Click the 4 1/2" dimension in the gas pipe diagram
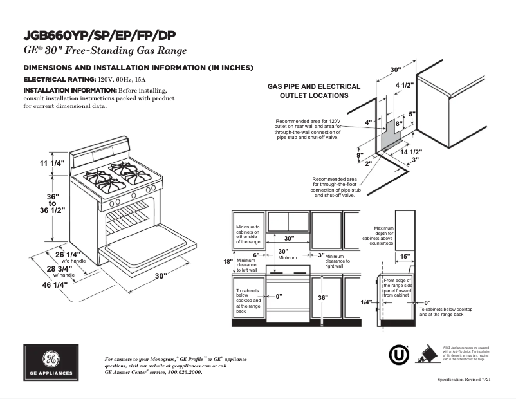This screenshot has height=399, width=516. pyautogui.click(x=404, y=85)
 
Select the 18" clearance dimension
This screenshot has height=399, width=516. pyautogui.click(x=227, y=262)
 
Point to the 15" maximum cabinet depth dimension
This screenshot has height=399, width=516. pyautogui.click(x=405, y=257)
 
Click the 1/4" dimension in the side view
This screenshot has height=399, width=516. pyautogui.click(x=366, y=302)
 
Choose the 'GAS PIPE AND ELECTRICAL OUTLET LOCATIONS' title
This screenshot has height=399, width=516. pyautogui.click(x=313, y=91)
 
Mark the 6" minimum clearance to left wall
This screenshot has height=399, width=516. pyautogui.click(x=255, y=255)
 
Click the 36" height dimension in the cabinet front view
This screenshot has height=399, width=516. pyautogui.click(x=322, y=298)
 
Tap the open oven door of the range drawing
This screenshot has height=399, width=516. pyautogui.click(x=148, y=244)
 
